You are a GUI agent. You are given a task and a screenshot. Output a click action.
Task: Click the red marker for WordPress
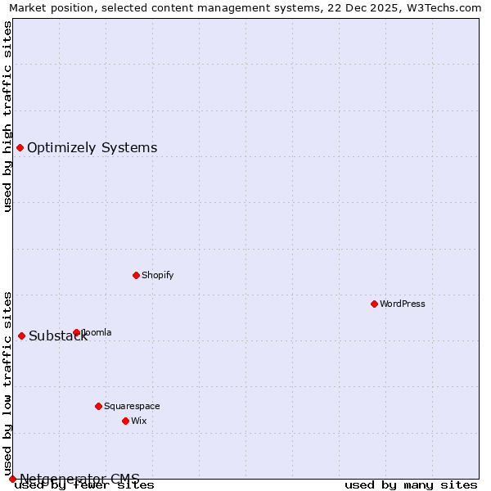pyautogui.click(x=374, y=304)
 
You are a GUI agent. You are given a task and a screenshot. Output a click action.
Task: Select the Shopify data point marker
pyautogui.click(x=136, y=275)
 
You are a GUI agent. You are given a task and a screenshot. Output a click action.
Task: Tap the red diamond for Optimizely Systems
pyautogui.click(x=20, y=147)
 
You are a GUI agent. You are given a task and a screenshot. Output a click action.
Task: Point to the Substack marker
pyautogui.click(x=21, y=336)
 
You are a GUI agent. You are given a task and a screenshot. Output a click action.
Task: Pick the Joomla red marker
pyautogui.click(x=76, y=332)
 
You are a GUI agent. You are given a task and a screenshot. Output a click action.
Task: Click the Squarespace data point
pyautogui.click(x=98, y=406)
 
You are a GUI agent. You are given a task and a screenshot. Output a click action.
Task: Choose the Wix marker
pyautogui.click(x=125, y=421)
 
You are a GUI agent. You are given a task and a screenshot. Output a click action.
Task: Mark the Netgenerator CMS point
pyautogui.click(x=12, y=479)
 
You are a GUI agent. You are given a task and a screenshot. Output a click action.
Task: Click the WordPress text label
pyautogui.click(x=403, y=304)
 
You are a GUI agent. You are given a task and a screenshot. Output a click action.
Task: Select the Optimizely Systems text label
pyautogui.click(x=92, y=148)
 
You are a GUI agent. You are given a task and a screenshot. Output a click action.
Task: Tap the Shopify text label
pyautogui.click(x=157, y=275)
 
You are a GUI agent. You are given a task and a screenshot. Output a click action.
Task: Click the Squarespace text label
pyautogui.click(x=132, y=406)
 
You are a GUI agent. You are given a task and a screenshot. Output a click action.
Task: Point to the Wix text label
pyautogui.click(x=138, y=421)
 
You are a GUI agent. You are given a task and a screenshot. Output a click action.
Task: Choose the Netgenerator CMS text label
pyautogui.click(x=79, y=478)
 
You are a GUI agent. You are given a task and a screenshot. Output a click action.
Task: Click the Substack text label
pyautogui.click(x=57, y=336)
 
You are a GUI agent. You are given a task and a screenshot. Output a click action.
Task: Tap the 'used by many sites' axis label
pyautogui.click(x=411, y=484)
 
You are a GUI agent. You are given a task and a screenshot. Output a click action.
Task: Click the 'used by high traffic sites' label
pyautogui.click(x=8, y=116)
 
